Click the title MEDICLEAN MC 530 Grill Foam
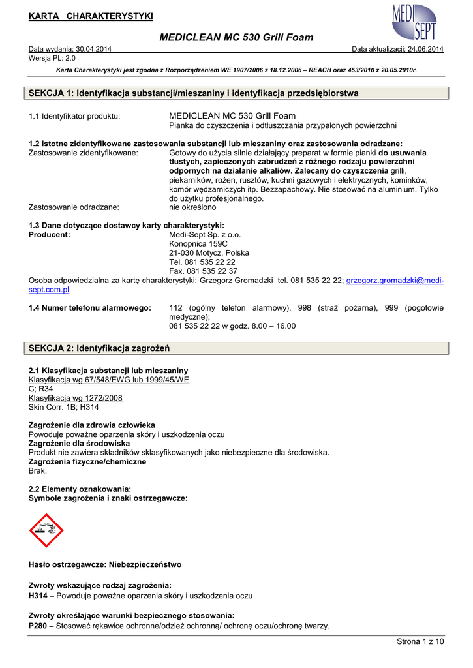236,38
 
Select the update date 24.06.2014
424,49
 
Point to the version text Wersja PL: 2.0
52,57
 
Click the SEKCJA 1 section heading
194,93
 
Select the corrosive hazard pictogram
46,530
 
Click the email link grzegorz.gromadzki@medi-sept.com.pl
395,281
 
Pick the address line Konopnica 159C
199,243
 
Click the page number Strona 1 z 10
420,642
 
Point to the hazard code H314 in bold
38,596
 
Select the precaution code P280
38,626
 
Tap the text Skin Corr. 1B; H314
64,407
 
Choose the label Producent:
50,234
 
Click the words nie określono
192,207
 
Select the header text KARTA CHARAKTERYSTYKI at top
91,16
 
